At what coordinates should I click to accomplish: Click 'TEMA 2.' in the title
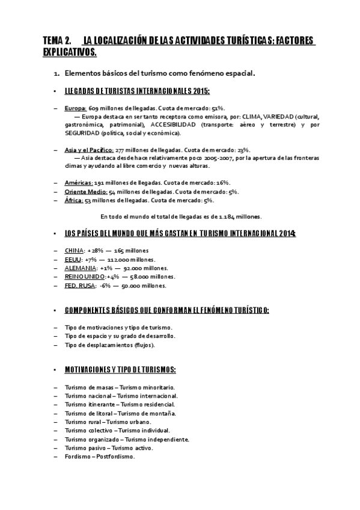tap(56, 40)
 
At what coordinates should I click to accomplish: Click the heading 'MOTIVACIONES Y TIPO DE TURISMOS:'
tap(120, 369)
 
